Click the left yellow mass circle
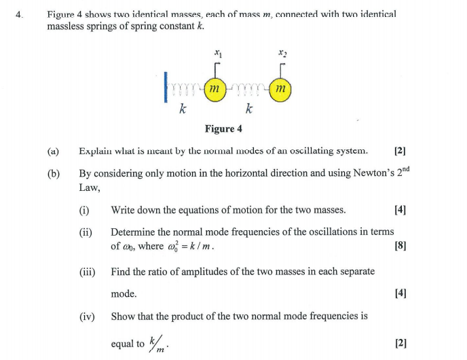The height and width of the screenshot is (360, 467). tap(214, 89)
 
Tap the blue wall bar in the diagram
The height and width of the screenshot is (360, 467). tap(165, 88)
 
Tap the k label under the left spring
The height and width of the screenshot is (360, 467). tap(182, 109)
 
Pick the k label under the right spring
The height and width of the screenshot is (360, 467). tap(249, 109)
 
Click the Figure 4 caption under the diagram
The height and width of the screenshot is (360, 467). tap(223, 129)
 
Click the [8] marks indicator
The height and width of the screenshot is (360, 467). tap(400, 246)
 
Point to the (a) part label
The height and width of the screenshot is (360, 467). tap(53, 151)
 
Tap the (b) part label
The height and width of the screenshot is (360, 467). tap(53, 174)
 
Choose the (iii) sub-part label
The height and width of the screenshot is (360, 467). tap(86, 272)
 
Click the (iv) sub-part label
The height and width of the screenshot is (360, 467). tap(86, 316)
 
